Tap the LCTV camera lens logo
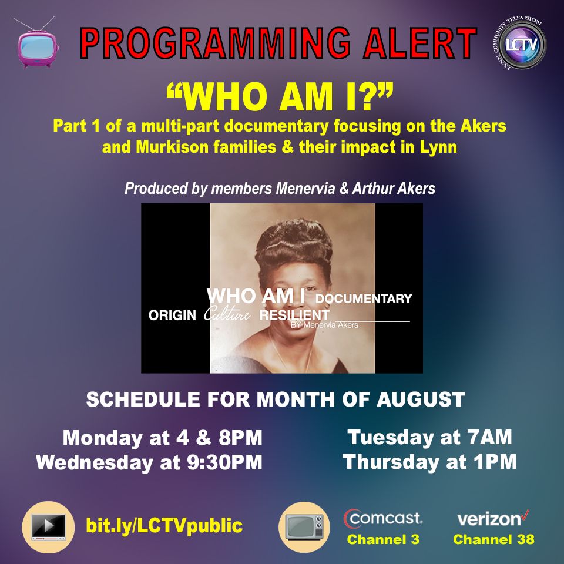(x=520, y=44)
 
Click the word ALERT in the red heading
(x=419, y=43)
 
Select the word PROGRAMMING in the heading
(x=215, y=43)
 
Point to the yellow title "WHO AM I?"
(x=280, y=97)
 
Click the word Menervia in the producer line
(x=305, y=189)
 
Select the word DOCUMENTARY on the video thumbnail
(x=364, y=298)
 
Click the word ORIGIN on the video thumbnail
(x=172, y=315)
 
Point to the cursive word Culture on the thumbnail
(x=227, y=314)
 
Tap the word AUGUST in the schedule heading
(x=421, y=399)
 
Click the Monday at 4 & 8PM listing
(x=163, y=438)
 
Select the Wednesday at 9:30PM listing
(x=149, y=462)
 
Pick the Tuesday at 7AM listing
(x=430, y=437)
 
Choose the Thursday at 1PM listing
(x=430, y=462)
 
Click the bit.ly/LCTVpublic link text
(x=164, y=525)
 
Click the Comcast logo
(x=382, y=519)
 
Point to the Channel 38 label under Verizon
(x=493, y=539)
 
